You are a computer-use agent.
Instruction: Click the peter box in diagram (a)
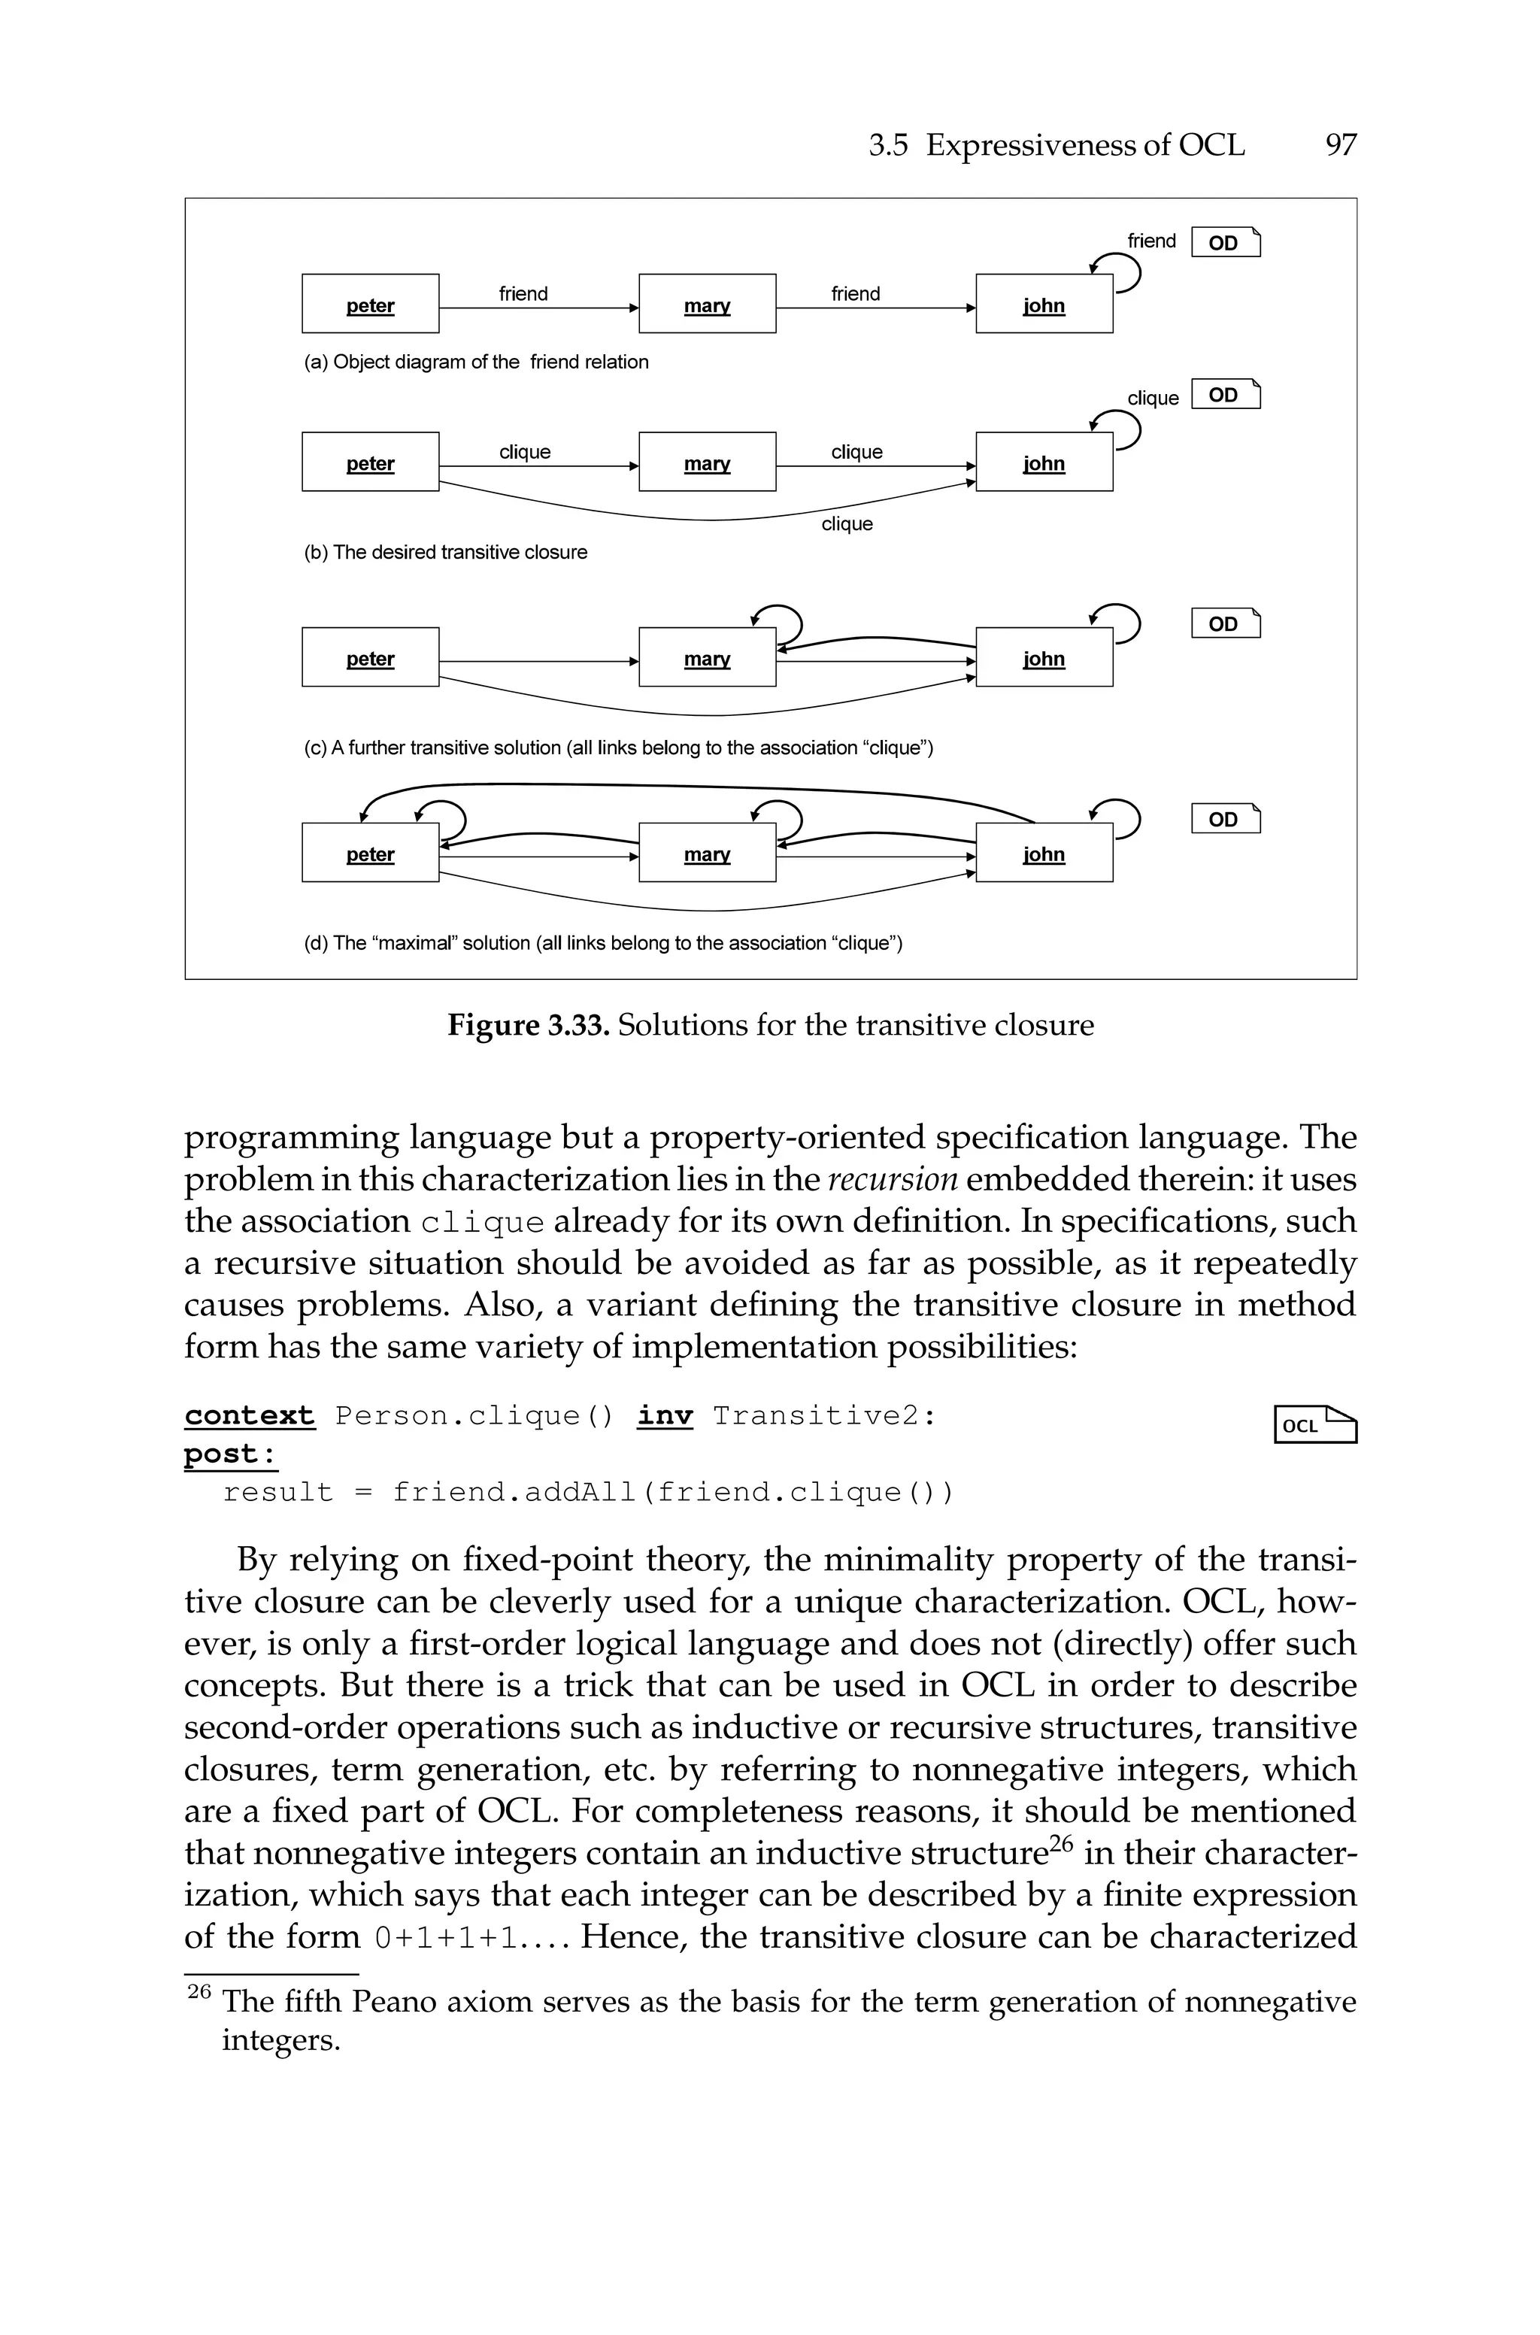pos(370,303)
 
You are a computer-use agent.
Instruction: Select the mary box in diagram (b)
pos(707,462)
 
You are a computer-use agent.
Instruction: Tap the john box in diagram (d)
pos(1044,852)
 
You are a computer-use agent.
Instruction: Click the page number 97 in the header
pos(1341,145)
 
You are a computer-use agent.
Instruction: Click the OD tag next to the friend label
pos(1225,241)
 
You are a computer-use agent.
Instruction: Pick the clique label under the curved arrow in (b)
pos(847,523)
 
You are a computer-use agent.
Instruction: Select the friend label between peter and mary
pos(523,293)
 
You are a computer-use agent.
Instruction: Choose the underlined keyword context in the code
pos(250,1415)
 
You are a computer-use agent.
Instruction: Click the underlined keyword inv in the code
pos(665,1415)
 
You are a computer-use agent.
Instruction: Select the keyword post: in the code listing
pos(230,1453)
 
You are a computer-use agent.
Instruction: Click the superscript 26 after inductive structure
pos(1063,1843)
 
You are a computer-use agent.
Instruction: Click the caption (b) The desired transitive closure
pos(445,552)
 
